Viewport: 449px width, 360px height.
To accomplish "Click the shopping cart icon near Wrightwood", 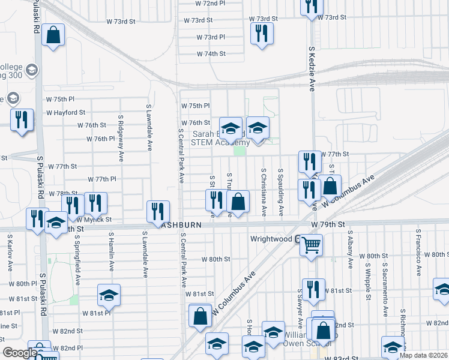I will [x=311, y=244].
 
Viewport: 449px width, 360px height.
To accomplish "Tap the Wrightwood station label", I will [x=271, y=239].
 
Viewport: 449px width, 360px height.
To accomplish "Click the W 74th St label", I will [x=211, y=54].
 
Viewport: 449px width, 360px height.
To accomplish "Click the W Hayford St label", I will [x=66, y=112].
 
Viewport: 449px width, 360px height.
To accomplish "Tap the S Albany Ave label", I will [x=351, y=251].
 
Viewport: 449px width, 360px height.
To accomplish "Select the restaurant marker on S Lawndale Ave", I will [x=158, y=211].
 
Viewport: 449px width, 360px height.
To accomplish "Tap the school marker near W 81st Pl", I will [x=109, y=294].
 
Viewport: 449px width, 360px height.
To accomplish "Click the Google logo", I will [x=19, y=353].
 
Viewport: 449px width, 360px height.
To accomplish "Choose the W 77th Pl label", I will [x=102, y=179].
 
